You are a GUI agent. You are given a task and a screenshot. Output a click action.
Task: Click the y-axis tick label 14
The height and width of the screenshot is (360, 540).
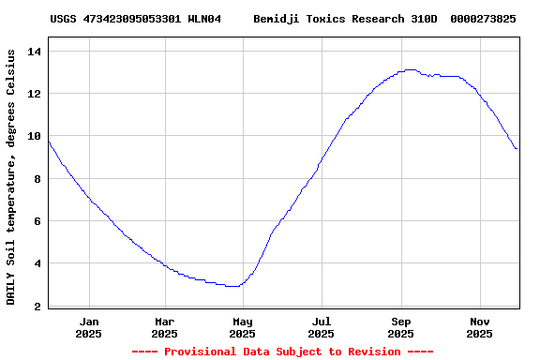coord(35,52)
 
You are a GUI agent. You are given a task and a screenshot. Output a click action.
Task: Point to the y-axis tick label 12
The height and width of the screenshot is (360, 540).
coord(35,94)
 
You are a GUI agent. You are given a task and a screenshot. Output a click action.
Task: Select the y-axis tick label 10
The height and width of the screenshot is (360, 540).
coord(35,137)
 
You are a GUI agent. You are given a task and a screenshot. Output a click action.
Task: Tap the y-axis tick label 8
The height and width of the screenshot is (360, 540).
coord(38,179)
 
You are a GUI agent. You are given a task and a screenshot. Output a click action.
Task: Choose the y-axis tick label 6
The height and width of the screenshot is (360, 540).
coord(38,222)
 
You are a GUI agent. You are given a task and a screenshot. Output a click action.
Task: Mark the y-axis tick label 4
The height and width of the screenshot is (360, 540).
coord(38,264)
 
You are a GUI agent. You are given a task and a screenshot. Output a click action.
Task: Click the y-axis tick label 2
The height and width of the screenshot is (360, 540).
coord(38,307)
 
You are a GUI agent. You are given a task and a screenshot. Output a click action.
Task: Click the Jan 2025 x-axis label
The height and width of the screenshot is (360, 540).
coord(89,327)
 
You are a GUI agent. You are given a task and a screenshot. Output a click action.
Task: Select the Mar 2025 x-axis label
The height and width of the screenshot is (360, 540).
coord(164,327)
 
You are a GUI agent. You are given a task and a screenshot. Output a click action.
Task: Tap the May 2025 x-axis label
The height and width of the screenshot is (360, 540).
coord(242,327)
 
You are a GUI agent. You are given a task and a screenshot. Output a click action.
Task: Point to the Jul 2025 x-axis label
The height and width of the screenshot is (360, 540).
coord(321,327)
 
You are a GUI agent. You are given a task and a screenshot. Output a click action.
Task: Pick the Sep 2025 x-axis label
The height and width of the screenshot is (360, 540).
coord(400,327)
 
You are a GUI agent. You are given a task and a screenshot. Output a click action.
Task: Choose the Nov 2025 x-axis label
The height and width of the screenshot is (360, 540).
coord(479,327)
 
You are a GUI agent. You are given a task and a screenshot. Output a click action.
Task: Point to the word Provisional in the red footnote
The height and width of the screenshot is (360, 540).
coord(197,352)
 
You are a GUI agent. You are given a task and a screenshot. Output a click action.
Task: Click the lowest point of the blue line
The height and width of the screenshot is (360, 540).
coord(232,286)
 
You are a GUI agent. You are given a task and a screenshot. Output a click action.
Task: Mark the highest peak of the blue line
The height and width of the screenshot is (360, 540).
coord(409,69)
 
